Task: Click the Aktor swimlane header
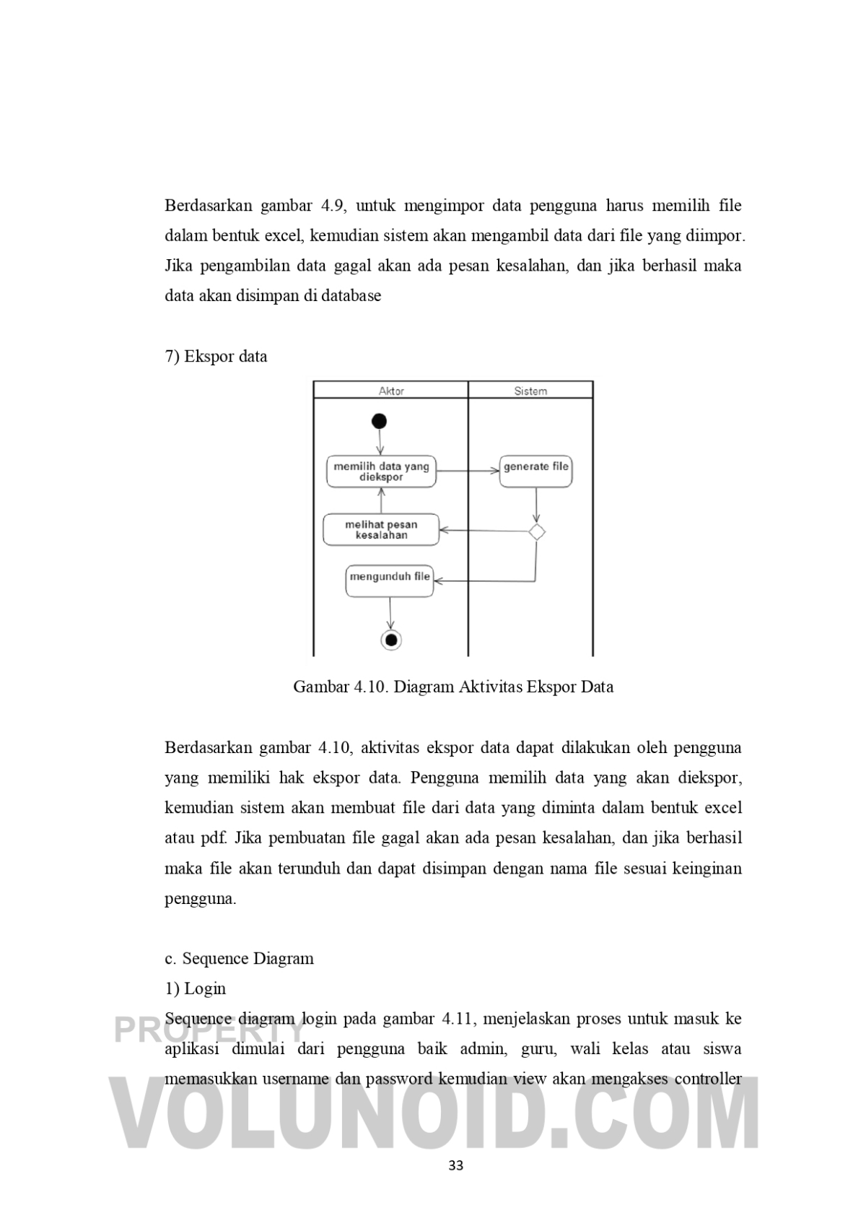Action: point(391,391)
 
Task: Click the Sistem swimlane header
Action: point(530,391)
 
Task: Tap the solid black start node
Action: point(379,422)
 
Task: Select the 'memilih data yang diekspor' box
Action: point(381,471)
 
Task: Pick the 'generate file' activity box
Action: point(535,471)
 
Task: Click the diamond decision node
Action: point(536,532)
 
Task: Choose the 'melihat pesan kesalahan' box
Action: point(381,530)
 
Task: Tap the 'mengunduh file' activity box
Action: point(390,581)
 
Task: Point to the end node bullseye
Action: point(390,640)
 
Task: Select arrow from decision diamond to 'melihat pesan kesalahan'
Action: point(484,531)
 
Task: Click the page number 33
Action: point(455,1165)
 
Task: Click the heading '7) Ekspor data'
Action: point(216,357)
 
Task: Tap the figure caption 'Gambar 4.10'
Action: point(453,687)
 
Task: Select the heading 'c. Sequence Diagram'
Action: point(239,959)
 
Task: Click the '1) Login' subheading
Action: point(195,989)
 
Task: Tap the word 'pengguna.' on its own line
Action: point(201,900)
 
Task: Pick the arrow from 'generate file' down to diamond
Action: point(536,505)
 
